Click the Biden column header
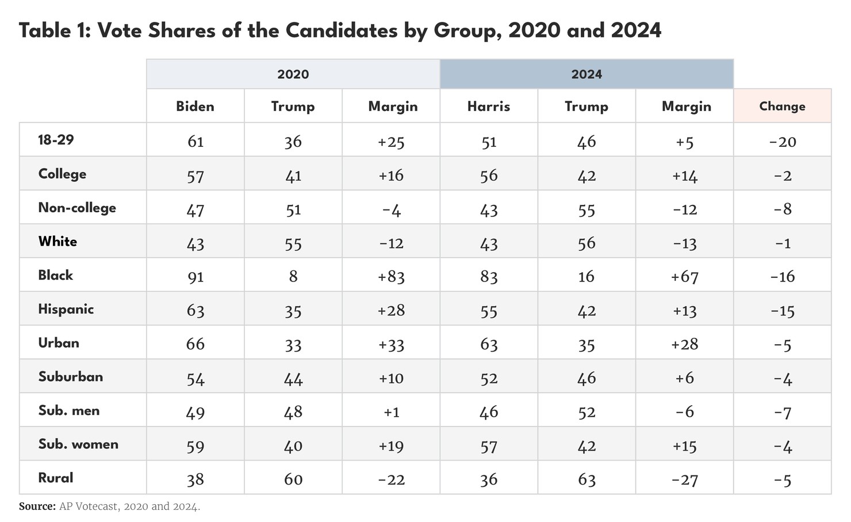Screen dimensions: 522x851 (195, 106)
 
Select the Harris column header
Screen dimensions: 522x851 (488, 106)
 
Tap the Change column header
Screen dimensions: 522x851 (782, 106)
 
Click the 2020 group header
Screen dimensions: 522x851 (293, 74)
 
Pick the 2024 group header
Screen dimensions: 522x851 (586, 74)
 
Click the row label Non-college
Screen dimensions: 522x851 (77, 208)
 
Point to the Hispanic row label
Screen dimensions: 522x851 (66, 309)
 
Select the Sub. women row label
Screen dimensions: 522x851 (78, 444)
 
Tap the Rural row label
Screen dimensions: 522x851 (56, 478)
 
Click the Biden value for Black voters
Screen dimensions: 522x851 (195, 277)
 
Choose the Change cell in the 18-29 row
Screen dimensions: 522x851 (782, 142)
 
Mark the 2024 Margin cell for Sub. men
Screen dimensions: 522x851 (684, 412)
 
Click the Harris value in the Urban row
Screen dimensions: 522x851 (489, 344)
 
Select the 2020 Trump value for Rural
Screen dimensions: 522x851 (293, 479)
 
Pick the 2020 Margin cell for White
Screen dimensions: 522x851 (391, 243)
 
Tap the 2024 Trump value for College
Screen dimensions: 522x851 (586, 176)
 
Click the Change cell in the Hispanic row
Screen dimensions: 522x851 (782, 311)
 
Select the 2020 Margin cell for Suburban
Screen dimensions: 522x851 (391, 378)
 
